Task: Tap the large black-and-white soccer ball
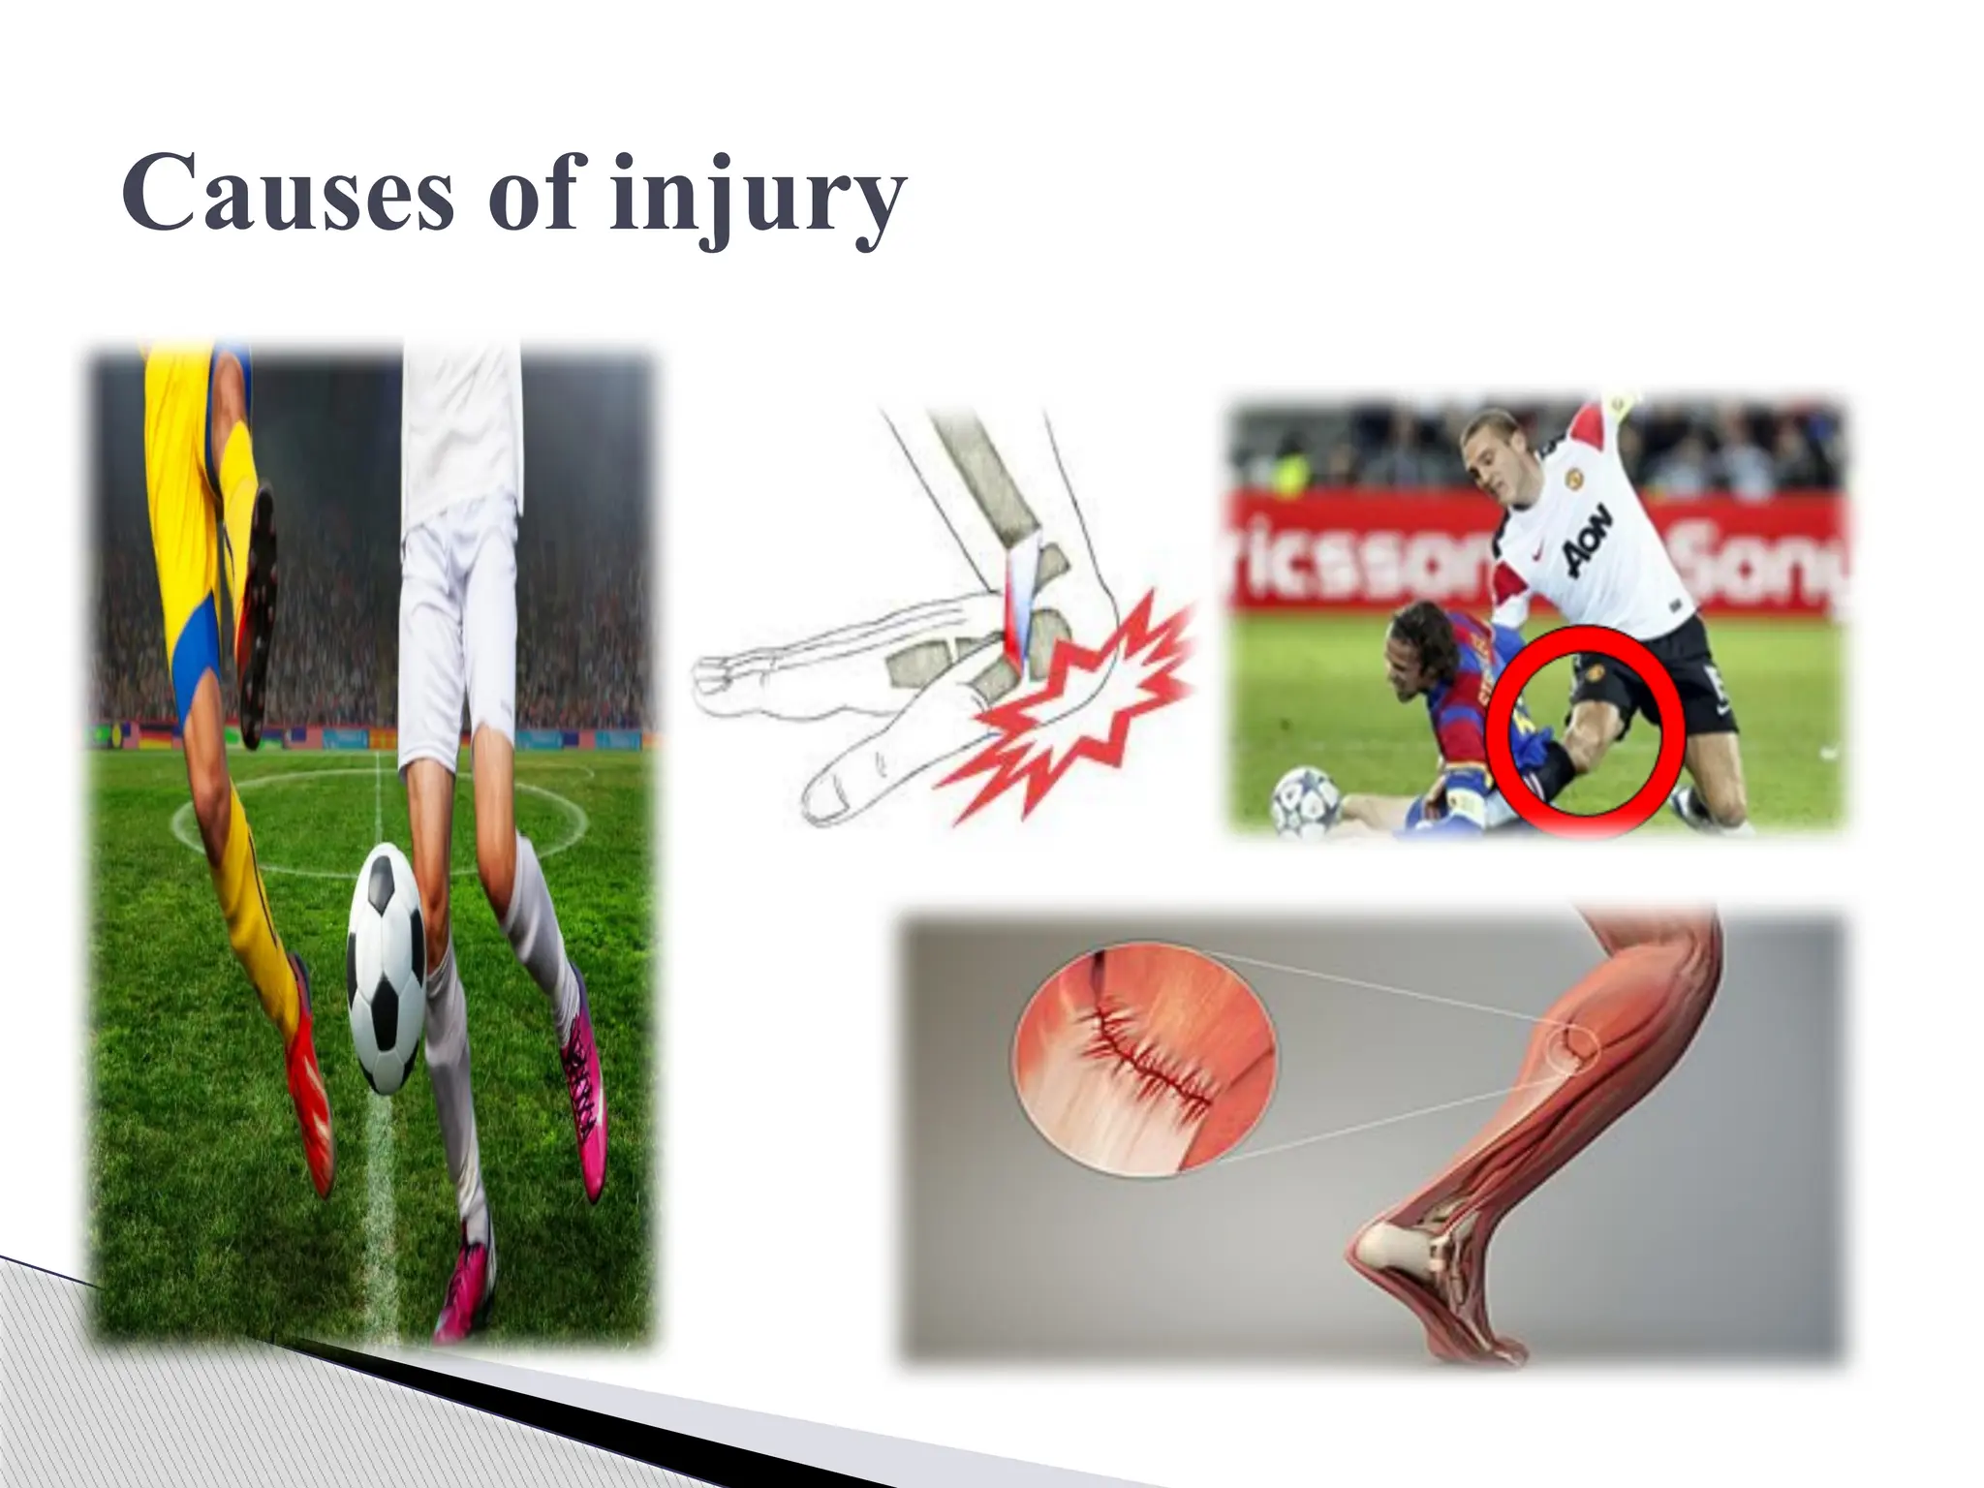(x=386, y=968)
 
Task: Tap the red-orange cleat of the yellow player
(x=308, y=1085)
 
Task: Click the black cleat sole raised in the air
(x=258, y=620)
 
